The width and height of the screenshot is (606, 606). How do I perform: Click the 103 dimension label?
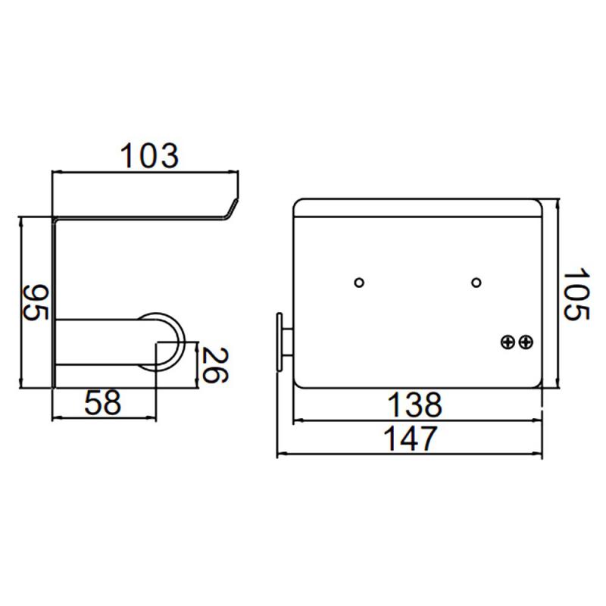coord(149,156)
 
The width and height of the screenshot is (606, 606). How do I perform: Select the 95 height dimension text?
coord(36,302)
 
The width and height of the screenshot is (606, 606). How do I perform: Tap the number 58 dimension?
coord(102,402)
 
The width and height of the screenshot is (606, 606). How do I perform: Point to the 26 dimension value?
coord(215,365)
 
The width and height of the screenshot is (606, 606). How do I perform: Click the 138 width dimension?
coord(414,405)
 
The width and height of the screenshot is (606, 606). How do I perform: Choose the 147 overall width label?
coord(411,439)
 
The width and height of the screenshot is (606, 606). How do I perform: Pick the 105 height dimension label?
coord(576,294)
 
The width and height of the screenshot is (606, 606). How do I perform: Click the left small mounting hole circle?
coord(359,283)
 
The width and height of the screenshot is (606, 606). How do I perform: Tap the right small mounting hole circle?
coord(476,283)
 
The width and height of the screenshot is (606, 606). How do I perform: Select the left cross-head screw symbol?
coord(508,342)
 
